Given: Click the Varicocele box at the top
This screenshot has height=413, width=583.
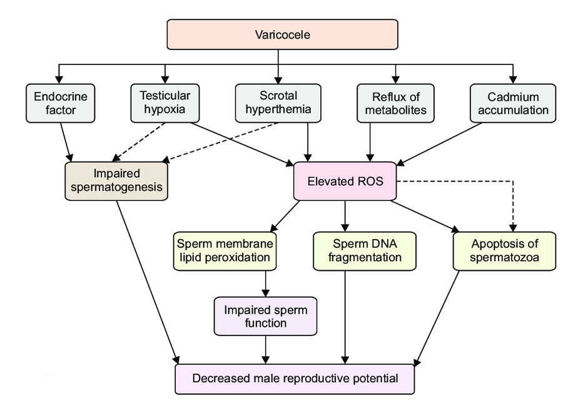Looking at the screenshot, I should point(282,34).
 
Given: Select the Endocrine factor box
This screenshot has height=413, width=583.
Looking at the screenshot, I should point(61,103).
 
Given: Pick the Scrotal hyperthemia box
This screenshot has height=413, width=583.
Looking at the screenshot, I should point(278,103).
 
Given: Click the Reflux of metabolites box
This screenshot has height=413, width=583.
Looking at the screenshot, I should point(396,103).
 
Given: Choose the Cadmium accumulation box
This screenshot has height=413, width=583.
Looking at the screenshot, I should point(512,103).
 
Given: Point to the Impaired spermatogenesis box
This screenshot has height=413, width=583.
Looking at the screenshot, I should point(117,181).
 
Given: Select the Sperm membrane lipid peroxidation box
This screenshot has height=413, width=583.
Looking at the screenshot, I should point(225,250).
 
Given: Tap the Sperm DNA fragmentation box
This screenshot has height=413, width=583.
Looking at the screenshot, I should point(365,250).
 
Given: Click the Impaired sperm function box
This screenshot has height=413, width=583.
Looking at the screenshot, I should point(266,316).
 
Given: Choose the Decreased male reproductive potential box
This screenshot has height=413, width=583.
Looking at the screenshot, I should point(295,379).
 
